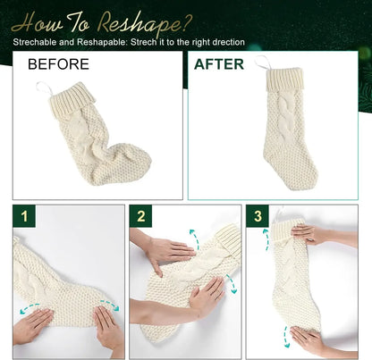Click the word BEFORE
coord(58,64)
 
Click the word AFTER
coord(219,64)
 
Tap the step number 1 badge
coord(24,216)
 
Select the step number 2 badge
coord(140,216)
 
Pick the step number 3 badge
coord(258,216)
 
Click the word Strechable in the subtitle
coord(35,42)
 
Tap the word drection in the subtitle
coord(227,42)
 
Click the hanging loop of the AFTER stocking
coord(263,62)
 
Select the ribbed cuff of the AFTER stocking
coord(284,79)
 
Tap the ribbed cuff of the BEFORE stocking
coord(72,100)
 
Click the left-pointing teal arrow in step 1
coord(30,307)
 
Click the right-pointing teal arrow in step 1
coord(109,305)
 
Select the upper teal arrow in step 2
coord(196,239)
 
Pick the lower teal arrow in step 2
coord(232,283)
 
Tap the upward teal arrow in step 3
coord(266,239)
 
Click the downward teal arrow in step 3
coord(286,337)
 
